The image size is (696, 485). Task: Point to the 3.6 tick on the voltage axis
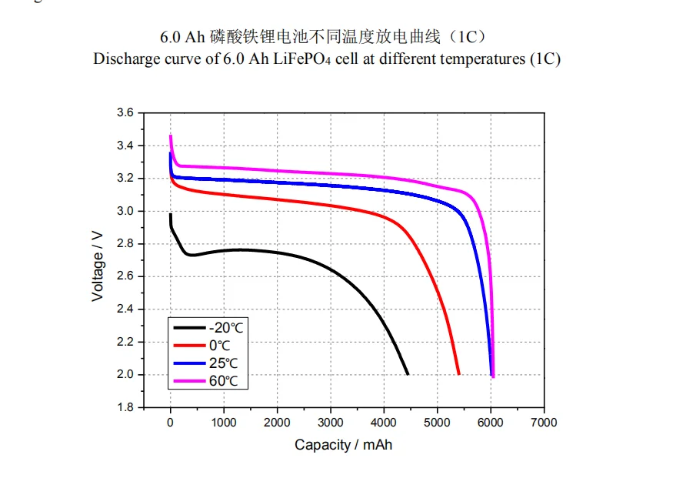pyautogui.click(x=125, y=113)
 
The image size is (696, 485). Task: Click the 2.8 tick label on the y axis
pyautogui.click(x=125, y=244)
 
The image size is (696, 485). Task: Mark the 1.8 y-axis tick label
pyautogui.click(x=125, y=407)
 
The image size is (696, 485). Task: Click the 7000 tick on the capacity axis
pyautogui.click(x=544, y=423)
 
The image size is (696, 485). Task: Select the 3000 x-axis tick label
pyautogui.click(x=331, y=423)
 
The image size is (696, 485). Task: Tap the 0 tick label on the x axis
pyautogui.click(x=171, y=423)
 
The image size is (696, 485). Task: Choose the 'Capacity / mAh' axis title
pyautogui.click(x=343, y=445)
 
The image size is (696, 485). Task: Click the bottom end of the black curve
pyautogui.click(x=407, y=373)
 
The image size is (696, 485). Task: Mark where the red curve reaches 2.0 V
pyautogui.click(x=458, y=373)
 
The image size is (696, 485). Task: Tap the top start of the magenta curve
pyautogui.click(x=171, y=137)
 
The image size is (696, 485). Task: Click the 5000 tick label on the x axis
pyautogui.click(x=437, y=423)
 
